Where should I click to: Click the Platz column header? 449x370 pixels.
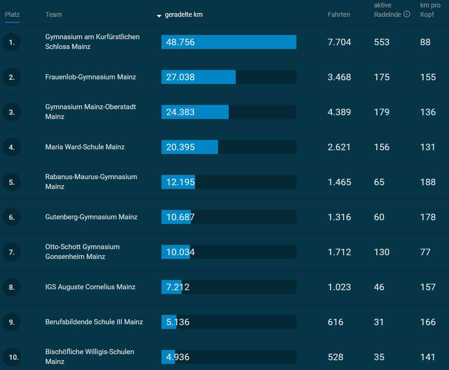coord(12,14)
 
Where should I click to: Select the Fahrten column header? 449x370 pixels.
coord(339,14)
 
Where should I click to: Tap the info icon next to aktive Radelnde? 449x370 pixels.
coord(407,14)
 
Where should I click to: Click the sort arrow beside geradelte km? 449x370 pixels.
coord(159,15)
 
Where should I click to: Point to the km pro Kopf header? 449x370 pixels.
coord(430,10)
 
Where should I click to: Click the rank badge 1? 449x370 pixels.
coord(12,42)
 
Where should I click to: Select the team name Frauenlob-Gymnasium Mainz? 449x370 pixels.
coord(91,77)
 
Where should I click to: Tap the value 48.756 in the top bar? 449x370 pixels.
coord(180,42)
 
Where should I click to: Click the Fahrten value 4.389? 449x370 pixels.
coord(339,112)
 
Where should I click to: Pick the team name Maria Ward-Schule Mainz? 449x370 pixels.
coord(85,147)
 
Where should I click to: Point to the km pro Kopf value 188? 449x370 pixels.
coord(428,182)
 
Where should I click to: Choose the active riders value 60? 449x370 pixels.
coord(379,217)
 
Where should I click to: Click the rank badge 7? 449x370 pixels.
coord(12,252)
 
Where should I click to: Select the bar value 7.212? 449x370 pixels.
coord(178,287)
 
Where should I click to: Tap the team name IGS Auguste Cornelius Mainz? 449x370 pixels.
coord(90,287)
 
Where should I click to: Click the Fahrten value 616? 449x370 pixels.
coord(335,322)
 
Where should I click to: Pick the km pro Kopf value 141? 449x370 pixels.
coord(428,357)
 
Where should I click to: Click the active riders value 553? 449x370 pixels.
coord(381,42)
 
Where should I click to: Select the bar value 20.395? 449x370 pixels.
coord(180,147)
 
